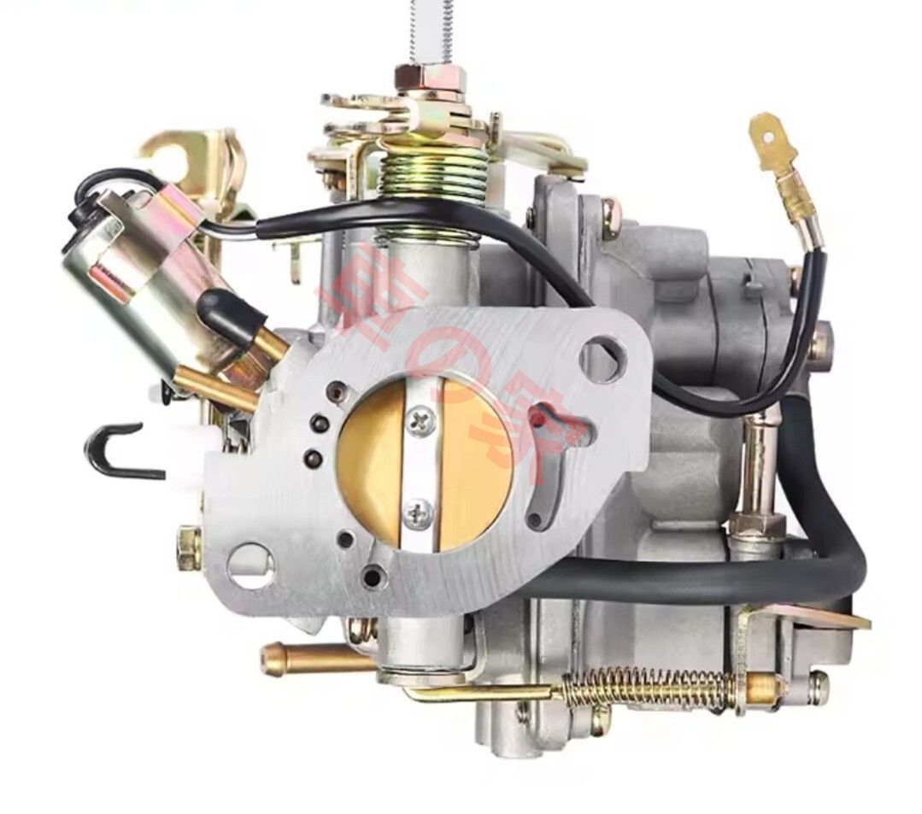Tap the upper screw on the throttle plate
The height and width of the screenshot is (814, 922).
[420, 420]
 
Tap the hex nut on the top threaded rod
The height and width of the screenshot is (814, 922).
[430, 79]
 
